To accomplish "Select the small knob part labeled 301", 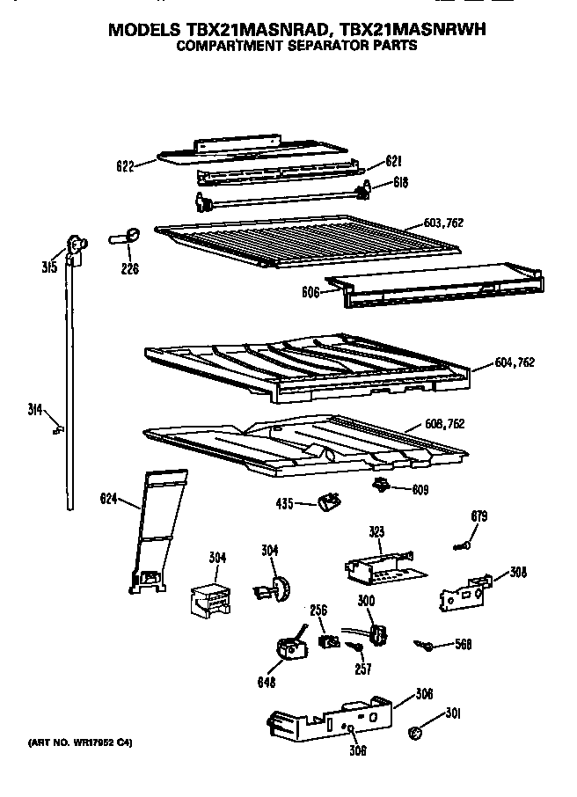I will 415,734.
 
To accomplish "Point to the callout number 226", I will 129,269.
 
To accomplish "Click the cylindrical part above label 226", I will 125,235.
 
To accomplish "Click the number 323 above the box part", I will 376,532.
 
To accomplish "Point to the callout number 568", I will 463,644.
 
